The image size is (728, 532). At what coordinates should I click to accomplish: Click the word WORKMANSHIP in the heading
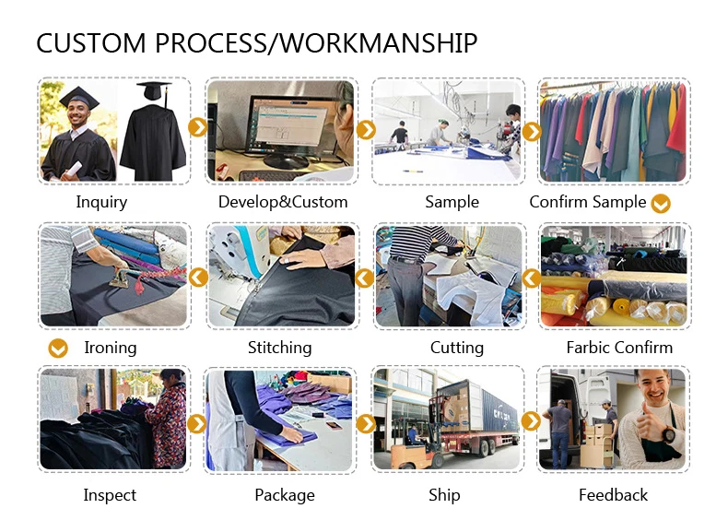pos(379,43)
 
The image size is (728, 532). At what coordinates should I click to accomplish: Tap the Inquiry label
pos(101,202)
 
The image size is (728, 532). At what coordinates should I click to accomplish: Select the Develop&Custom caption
pos(283,202)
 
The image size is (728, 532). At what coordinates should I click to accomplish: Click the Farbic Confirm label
pos(619,348)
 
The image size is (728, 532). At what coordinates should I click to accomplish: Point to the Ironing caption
pos(110,348)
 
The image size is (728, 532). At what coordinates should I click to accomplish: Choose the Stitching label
pos(279,348)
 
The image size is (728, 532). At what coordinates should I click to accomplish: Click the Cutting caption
pos(456,348)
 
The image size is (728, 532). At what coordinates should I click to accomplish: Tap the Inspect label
pos(110,495)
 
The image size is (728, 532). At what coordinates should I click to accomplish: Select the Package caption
pos(285,495)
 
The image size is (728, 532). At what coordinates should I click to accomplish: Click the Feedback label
pos(613,495)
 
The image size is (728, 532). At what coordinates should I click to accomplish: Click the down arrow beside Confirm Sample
pos(661,204)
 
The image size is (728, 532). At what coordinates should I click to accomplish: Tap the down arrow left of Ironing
pos(58,349)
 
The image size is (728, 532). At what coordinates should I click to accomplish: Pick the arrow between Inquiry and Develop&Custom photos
pos(197,127)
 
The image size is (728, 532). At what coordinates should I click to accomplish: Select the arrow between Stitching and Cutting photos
pos(365,277)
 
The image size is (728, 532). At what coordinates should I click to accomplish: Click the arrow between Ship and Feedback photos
pos(531,421)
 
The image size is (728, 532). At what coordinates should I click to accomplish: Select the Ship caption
pos(444,495)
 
